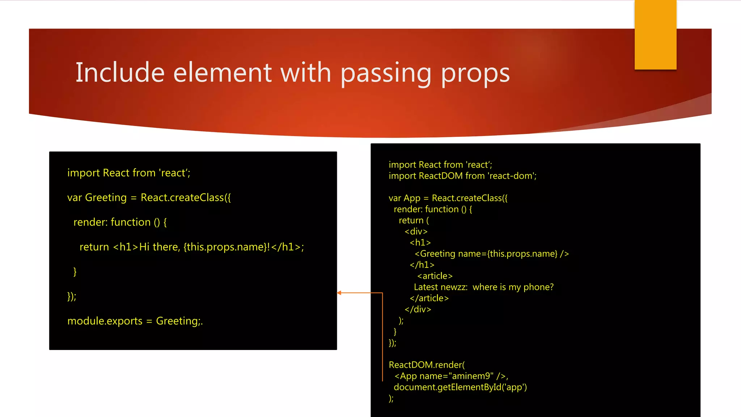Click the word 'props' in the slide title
point(475,73)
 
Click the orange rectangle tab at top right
point(655,34)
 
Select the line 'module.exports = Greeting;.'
point(135,321)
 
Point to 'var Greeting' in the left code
point(97,198)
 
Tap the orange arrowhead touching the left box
point(339,293)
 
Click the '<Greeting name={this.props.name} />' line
point(491,254)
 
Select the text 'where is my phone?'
point(513,287)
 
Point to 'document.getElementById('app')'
point(460,387)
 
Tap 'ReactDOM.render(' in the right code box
point(427,365)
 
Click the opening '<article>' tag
point(435,276)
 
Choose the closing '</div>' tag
point(418,309)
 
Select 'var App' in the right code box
point(404,198)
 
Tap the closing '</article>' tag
point(429,298)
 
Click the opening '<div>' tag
point(416,232)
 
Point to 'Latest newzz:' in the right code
point(440,287)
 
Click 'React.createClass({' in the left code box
point(186,198)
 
